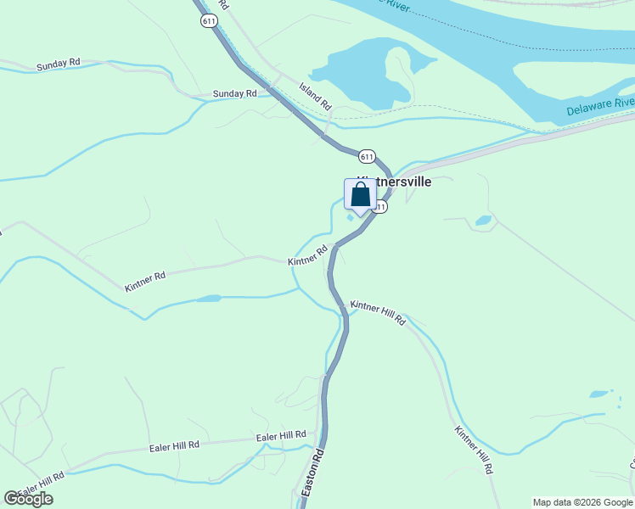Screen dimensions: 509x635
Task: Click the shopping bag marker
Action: point(360,196)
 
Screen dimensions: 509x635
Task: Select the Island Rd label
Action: point(314,95)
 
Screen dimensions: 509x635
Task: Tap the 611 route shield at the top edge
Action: point(209,21)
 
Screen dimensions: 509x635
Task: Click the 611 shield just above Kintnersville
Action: point(366,156)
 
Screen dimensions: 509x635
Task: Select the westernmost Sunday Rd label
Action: point(58,64)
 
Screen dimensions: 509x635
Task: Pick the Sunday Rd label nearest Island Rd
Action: point(234,93)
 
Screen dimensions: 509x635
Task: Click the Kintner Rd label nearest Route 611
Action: point(307,256)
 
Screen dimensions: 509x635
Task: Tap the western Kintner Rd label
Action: point(144,277)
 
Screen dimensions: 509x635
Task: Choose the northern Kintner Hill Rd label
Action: point(379,311)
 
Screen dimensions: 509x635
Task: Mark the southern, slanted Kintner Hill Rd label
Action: point(474,450)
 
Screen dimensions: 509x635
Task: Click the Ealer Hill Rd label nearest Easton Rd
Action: point(280,436)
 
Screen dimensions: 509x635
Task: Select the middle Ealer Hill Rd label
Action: point(174,445)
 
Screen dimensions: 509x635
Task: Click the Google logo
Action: point(29,498)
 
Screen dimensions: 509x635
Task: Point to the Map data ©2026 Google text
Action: point(582,502)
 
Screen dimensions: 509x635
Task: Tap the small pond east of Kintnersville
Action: point(483,221)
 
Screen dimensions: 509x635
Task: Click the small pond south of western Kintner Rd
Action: point(209,299)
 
